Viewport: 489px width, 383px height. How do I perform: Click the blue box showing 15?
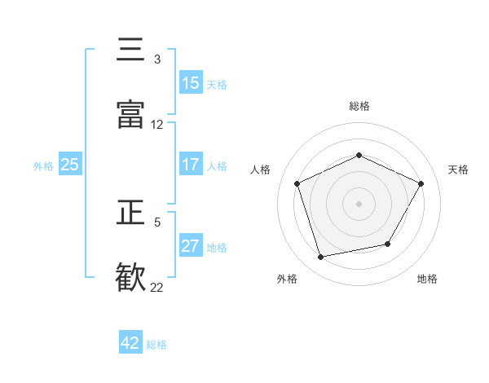tap(191, 83)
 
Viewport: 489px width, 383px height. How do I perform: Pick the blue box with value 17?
tap(191, 165)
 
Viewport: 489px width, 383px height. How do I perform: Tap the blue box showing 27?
tap(191, 246)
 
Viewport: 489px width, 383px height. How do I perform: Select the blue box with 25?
tap(70, 165)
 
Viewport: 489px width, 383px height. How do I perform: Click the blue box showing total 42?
tap(130, 343)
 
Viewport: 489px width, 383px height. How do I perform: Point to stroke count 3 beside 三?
tap(157, 59)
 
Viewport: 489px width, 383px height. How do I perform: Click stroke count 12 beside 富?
tap(157, 125)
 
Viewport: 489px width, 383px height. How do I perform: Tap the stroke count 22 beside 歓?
tap(157, 287)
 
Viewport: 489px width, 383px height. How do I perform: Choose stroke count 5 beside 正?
tap(157, 221)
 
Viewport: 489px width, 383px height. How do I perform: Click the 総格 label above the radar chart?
tap(359, 106)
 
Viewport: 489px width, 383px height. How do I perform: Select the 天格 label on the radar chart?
tap(458, 169)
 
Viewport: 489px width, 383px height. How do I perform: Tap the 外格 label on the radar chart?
tap(287, 279)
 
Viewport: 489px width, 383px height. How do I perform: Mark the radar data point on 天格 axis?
tap(421, 183)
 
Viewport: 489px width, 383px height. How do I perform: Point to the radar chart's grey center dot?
tap(359, 203)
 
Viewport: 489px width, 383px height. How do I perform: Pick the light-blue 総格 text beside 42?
tap(156, 345)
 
